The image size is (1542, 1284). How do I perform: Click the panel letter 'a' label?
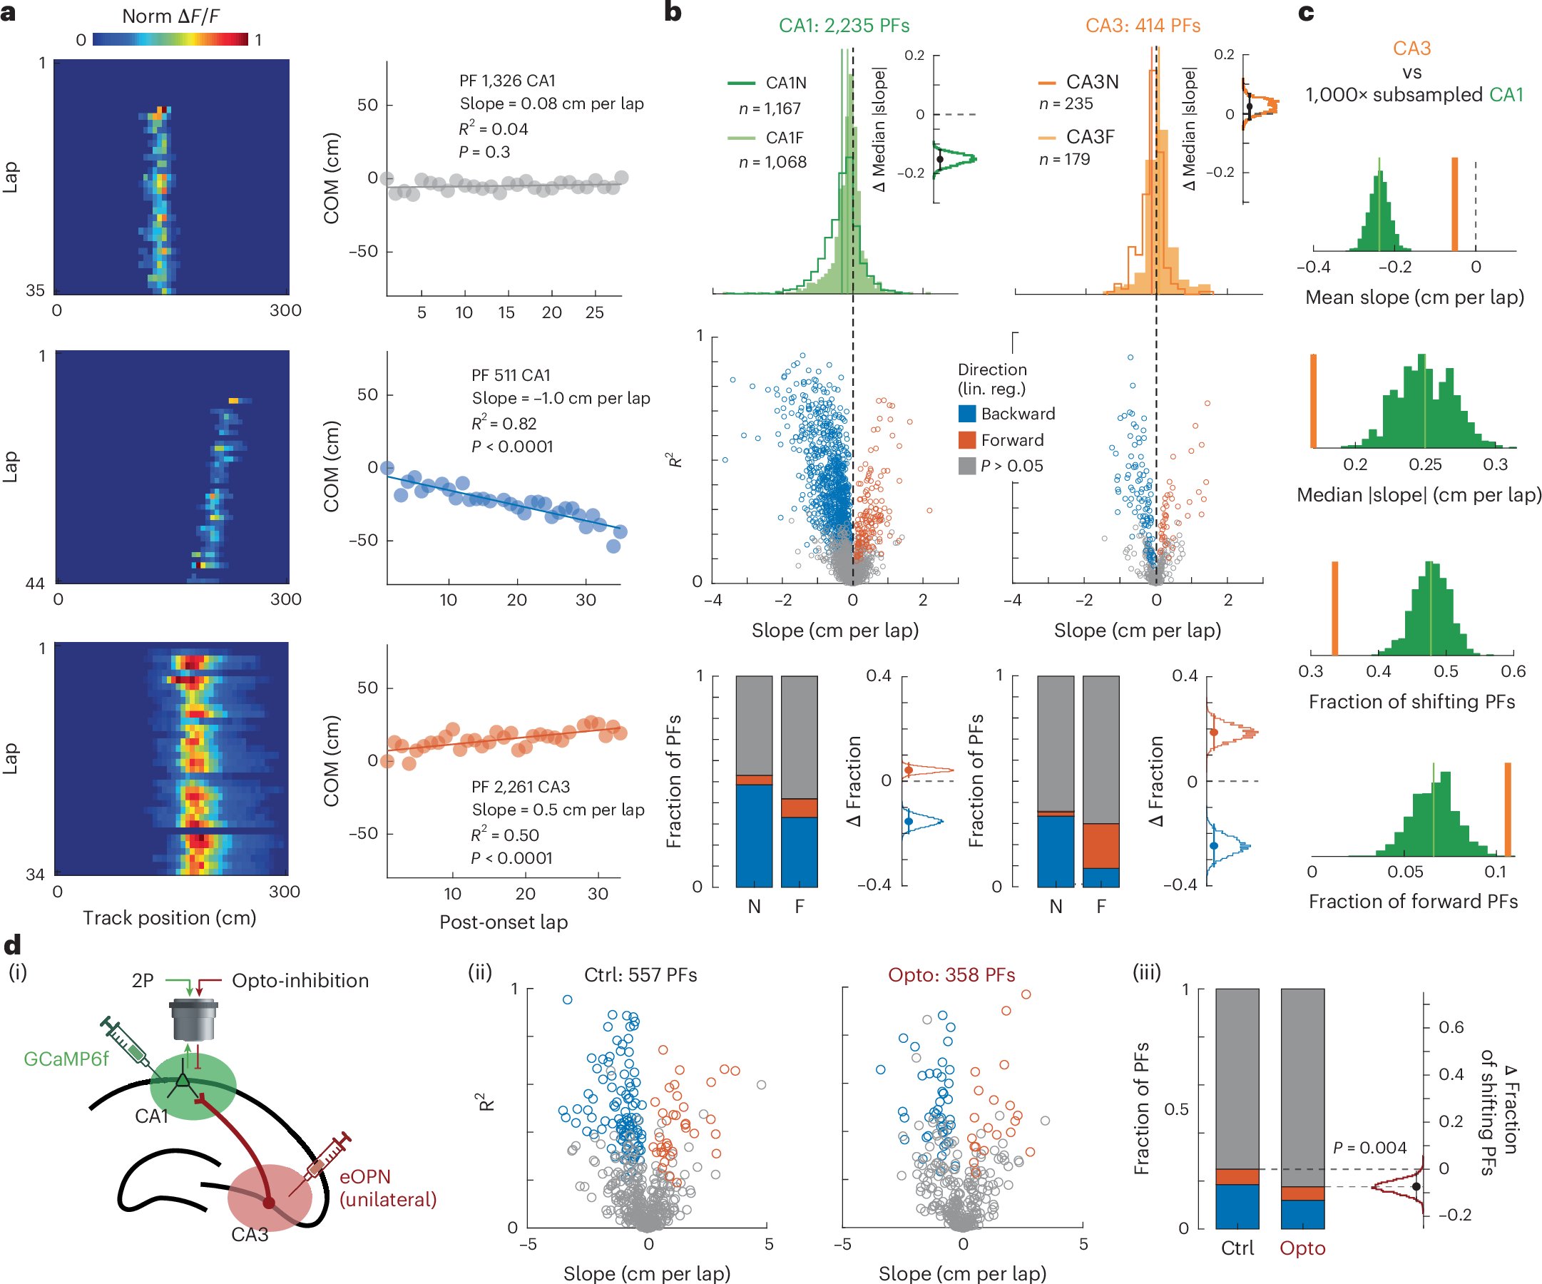tap(9, 14)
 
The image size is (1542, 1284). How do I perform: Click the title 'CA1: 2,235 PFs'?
tap(844, 26)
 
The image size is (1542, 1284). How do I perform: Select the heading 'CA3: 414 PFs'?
tap(1143, 26)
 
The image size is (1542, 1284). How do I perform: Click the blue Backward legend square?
tap(967, 414)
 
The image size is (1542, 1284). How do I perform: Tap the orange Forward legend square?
tap(967, 440)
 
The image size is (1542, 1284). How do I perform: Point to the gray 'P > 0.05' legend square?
tap(967, 466)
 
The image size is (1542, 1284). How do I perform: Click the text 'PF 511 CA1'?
tap(511, 375)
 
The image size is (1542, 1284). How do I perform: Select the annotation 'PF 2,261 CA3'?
tap(521, 787)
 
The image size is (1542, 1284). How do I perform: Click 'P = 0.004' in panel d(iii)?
tap(1369, 1147)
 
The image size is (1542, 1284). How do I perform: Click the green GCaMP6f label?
tap(66, 1059)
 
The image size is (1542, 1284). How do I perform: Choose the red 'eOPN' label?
tap(364, 1176)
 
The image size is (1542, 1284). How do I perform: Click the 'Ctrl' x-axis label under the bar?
tap(1237, 1248)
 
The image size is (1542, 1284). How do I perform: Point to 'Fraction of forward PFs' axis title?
tap(1413, 902)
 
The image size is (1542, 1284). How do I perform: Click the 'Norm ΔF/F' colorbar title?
tap(170, 16)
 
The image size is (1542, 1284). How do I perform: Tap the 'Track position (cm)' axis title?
tap(170, 917)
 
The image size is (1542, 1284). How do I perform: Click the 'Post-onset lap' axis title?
tap(504, 922)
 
